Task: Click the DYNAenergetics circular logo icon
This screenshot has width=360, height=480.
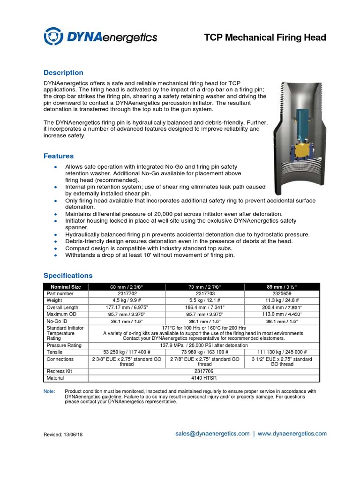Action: pyautogui.click(x=52, y=36)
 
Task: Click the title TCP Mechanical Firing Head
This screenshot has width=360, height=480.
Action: pyautogui.click(x=265, y=37)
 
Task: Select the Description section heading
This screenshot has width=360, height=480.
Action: pyautogui.click(x=63, y=73)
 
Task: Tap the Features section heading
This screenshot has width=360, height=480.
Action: pyautogui.click(x=59, y=156)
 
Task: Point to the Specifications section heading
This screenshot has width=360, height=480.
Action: pyautogui.click(x=68, y=276)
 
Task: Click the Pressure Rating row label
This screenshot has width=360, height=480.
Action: pyautogui.click(x=64, y=345)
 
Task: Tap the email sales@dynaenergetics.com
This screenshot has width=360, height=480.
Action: pyautogui.click(x=212, y=434)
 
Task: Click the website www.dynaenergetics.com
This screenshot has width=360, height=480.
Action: pyautogui.click(x=292, y=434)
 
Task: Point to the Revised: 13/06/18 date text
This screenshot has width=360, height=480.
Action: pyautogui.click(x=63, y=435)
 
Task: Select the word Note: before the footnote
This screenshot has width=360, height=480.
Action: pyautogui.click(x=49, y=391)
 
